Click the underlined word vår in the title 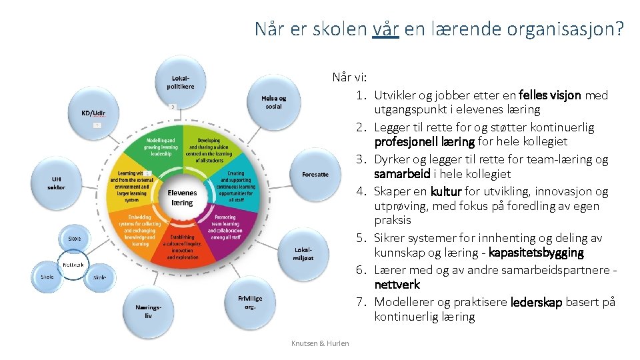pos(386,29)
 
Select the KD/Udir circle pos(93,113)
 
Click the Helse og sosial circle pos(273,103)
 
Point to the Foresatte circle pos(315,175)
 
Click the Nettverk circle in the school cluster pos(73,265)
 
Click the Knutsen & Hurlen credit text pos(320,343)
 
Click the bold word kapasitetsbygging pos(536,253)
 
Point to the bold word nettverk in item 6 pos(397,285)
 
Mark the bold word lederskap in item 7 pos(536,302)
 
